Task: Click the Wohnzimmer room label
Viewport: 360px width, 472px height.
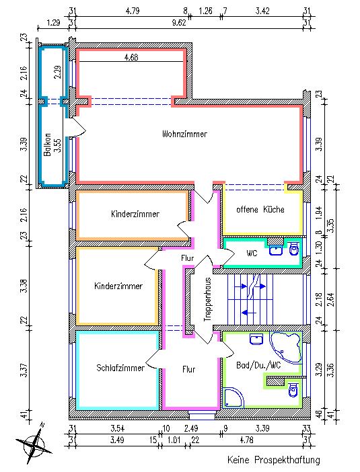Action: pyautogui.click(x=184, y=134)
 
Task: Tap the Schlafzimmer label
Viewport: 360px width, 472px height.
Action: pyautogui.click(x=120, y=368)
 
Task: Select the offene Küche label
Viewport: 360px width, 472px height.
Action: pyautogui.click(x=260, y=210)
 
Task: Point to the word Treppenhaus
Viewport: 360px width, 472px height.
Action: pyautogui.click(x=207, y=299)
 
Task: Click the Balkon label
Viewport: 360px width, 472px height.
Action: pyautogui.click(x=47, y=145)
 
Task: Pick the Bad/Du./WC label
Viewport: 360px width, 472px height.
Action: pyautogui.click(x=258, y=366)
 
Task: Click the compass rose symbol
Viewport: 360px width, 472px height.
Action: pyautogui.click(x=34, y=442)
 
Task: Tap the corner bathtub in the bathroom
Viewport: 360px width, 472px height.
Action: pyautogui.click(x=285, y=344)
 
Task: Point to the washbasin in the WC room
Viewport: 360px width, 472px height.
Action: pyautogui.click(x=276, y=250)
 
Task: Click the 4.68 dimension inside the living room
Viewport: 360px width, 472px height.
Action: pyautogui.click(x=131, y=57)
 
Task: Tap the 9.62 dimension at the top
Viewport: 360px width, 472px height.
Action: pyautogui.click(x=178, y=23)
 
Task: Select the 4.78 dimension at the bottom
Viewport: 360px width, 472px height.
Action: pyautogui.click(x=247, y=440)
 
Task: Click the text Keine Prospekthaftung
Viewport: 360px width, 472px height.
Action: pyautogui.click(x=274, y=460)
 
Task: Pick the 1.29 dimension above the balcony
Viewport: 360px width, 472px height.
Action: pyautogui.click(x=54, y=23)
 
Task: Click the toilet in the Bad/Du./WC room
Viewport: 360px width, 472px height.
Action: pyautogui.click(x=293, y=390)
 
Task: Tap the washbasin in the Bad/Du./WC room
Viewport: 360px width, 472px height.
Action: pyautogui.click(x=256, y=340)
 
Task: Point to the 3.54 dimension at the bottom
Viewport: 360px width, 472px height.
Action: pyautogui.click(x=117, y=428)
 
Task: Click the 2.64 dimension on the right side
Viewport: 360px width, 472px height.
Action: pyautogui.click(x=331, y=299)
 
